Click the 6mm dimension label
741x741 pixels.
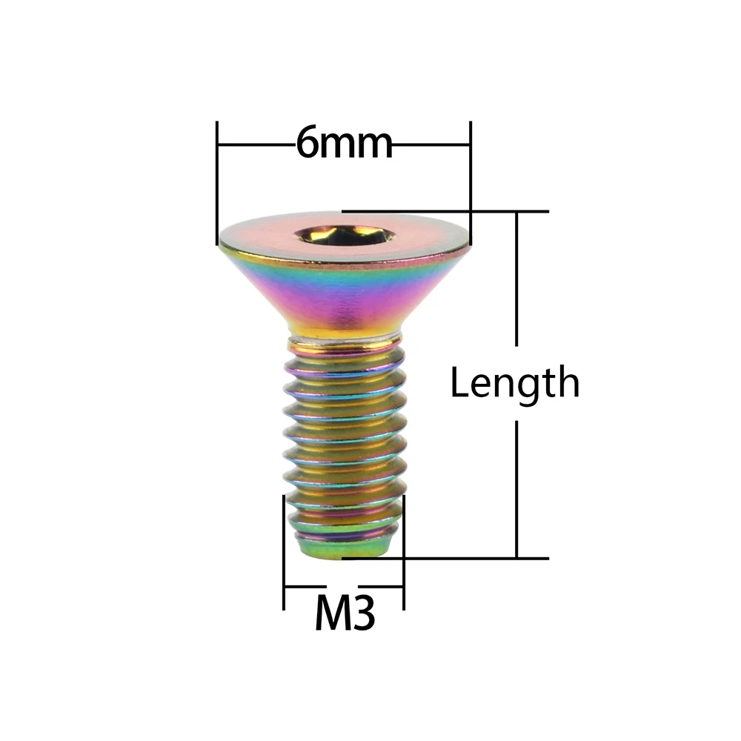pyautogui.click(x=344, y=142)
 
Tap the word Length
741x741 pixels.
pyautogui.click(x=514, y=384)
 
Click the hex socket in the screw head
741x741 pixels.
pyautogui.click(x=343, y=236)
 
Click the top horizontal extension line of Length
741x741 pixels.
pyautogui.click(x=445, y=212)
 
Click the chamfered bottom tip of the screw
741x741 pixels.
pyautogui.click(x=343, y=548)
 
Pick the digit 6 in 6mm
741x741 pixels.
pyautogui.click(x=308, y=142)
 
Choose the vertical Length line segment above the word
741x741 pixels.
pyautogui.click(x=516, y=282)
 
